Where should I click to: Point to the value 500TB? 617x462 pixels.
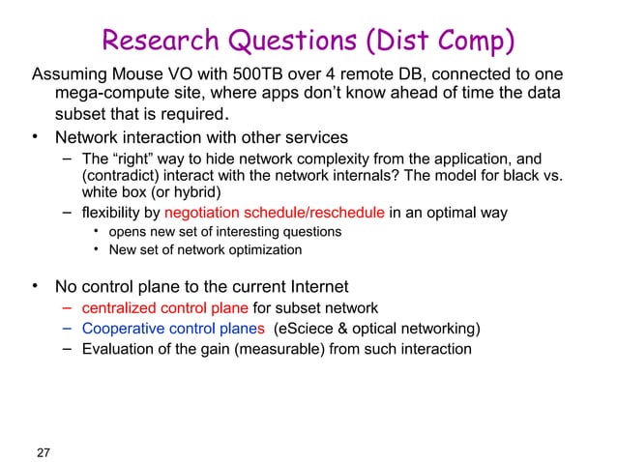[x=236, y=75]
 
